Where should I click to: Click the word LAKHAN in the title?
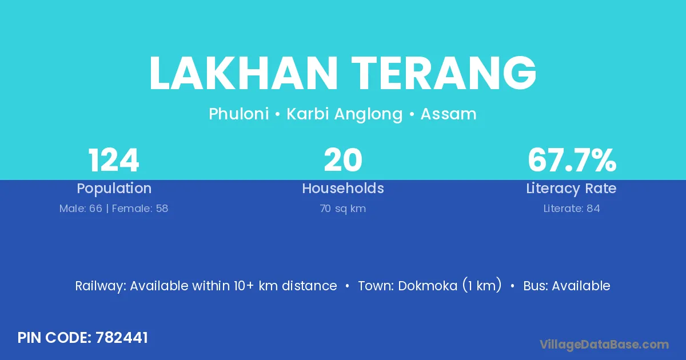pos(244,73)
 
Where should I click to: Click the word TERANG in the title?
pos(444,73)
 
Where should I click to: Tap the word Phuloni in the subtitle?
pos(239,114)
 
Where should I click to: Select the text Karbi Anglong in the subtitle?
pos(345,114)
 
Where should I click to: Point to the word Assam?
pos(448,114)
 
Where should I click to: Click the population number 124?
pos(114,160)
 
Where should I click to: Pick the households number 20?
pos(343,160)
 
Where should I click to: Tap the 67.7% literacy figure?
pos(572,160)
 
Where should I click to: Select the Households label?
pos(343,188)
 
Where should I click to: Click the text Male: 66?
pos(81,209)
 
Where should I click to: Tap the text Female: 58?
pos(140,209)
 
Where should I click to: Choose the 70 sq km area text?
pos(343,209)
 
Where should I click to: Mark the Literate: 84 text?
pos(572,209)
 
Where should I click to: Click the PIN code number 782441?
pos(122,338)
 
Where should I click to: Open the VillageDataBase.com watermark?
pos(604,345)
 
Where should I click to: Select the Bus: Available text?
pos(567,286)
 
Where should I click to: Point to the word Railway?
pos(101,286)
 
